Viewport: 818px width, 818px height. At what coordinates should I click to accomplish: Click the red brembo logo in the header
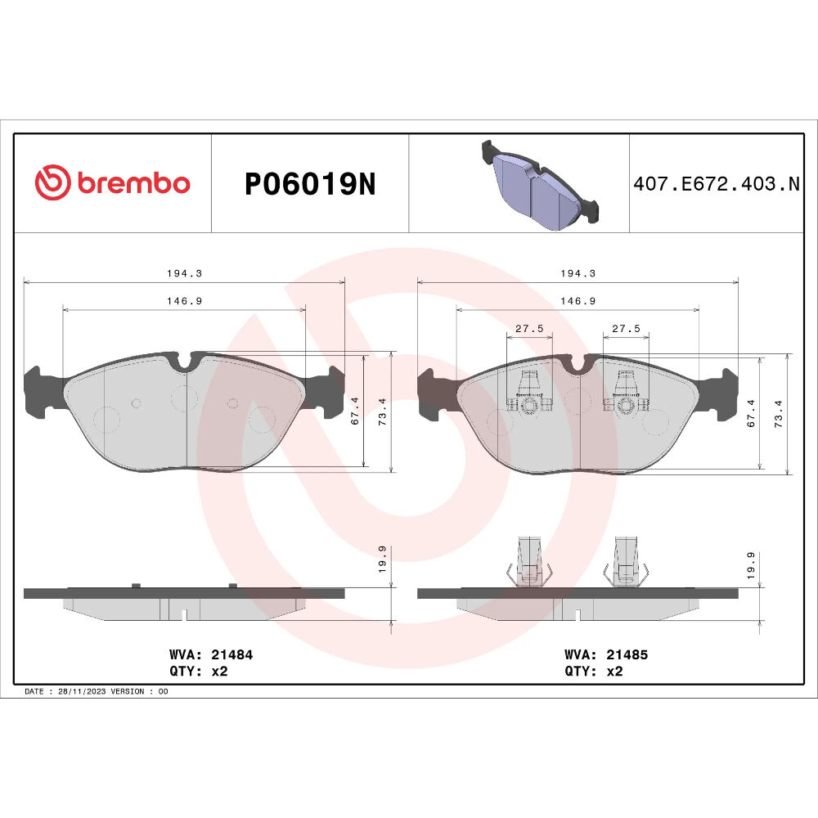[112, 182]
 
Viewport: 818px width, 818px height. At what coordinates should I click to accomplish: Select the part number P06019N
[310, 183]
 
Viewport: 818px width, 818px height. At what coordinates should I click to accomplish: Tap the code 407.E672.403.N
[717, 183]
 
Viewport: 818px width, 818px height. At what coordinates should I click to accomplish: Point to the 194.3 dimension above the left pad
[184, 273]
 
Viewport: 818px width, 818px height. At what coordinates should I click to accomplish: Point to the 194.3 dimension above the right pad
[578, 273]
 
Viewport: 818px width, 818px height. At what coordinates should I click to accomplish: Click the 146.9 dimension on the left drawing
[184, 301]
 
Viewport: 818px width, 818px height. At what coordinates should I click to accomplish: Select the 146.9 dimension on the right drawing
[578, 301]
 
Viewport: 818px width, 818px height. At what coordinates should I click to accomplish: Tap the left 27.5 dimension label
[529, 329]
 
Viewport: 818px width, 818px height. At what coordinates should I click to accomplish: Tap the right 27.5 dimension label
[626, 329]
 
